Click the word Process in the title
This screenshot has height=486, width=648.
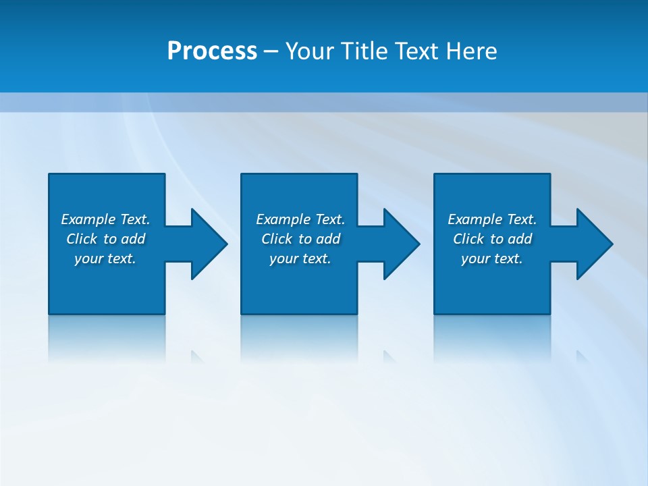[212, 51]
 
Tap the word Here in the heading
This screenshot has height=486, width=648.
[471, 51]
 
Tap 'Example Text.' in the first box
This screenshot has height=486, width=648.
[105, 219]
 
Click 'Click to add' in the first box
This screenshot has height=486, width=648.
[105, 239]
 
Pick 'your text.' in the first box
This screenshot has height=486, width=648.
[105, 259]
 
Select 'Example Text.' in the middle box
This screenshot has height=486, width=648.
[300, 219]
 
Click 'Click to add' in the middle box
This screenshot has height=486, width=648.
[300, 239]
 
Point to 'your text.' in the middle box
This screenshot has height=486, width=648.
[300, 259]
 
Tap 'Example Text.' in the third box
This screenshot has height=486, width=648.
[492, 219]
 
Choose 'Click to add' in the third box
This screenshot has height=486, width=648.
[492, 239]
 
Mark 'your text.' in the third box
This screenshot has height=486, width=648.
[492, 259]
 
